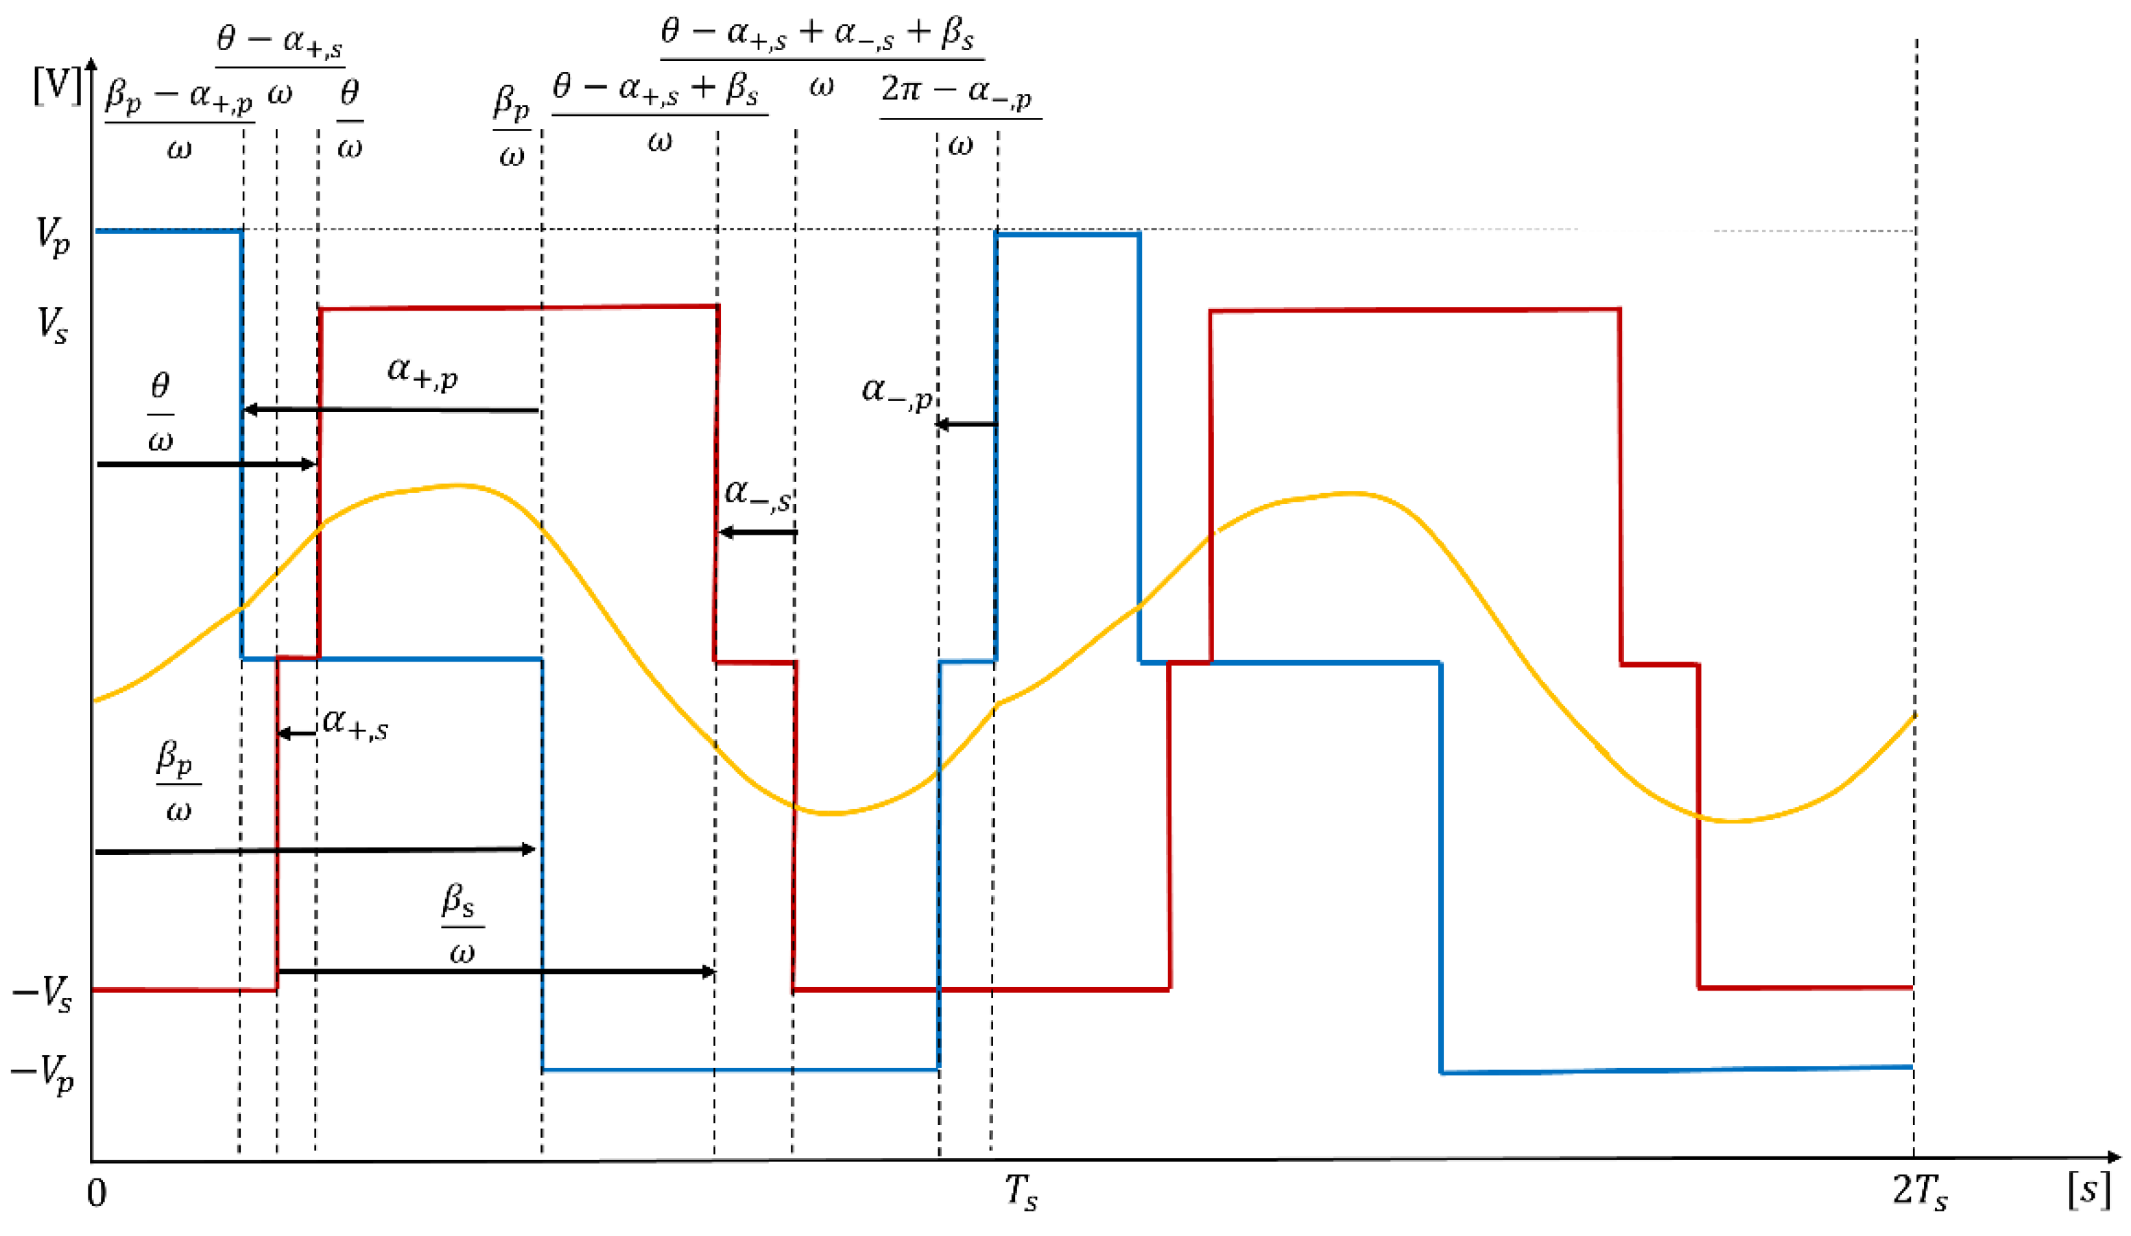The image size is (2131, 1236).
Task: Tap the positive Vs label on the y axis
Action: (51, 324)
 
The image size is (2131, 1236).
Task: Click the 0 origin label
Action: (97, 1193)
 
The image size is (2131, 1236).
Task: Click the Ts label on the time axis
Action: (1021, 1192)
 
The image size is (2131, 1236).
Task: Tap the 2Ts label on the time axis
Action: (1919, 1192)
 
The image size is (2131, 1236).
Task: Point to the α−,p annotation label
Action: (896, 391)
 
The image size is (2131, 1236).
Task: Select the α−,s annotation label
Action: (758, 494)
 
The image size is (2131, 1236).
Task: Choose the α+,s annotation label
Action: (355, 724)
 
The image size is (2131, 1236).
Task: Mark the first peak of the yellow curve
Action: (457, 485)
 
